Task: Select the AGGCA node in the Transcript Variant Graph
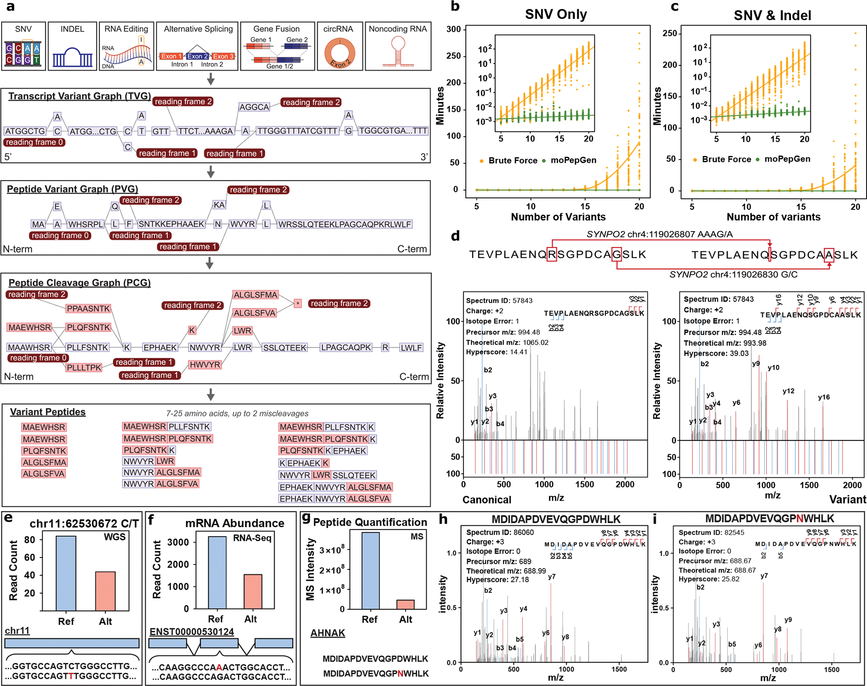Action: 254,107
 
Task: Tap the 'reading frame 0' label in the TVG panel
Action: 34,142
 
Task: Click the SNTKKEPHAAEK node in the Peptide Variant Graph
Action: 171,224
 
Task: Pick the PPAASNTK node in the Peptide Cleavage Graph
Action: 89,309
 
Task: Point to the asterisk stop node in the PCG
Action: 298,303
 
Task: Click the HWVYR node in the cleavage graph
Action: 205,364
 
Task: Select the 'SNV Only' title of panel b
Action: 556,14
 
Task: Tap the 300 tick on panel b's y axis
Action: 453,29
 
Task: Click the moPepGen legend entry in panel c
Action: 787,159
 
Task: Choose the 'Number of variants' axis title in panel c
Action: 773,217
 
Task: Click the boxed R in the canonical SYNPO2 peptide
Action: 552,254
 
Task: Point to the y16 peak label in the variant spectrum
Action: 824,397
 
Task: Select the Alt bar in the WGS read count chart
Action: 105,591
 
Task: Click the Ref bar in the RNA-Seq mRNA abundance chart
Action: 217,572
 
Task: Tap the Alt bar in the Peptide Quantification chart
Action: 406,604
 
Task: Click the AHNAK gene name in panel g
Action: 328,633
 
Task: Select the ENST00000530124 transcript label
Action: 192,632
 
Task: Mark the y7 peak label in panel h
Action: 552,576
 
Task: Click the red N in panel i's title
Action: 800,518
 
